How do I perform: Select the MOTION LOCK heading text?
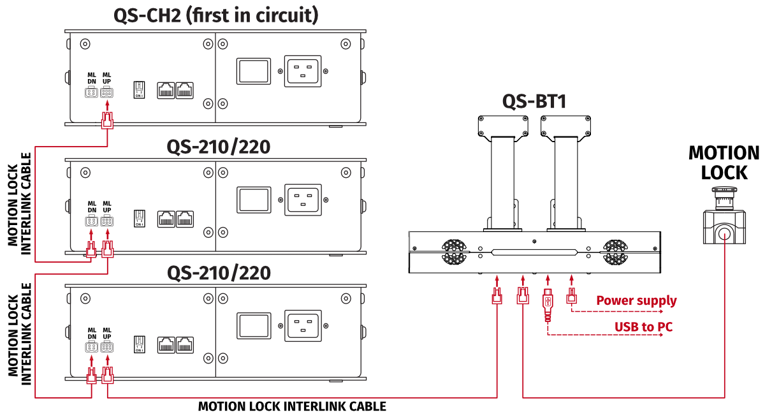pos(724,163)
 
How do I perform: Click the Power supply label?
pos(636,300)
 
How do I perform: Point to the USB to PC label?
pos(643,327)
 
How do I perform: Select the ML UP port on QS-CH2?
pos(106,92)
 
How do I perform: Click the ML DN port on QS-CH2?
pos(91,92)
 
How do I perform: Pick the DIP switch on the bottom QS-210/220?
pos(139,345)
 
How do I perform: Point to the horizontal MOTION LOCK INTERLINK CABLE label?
pos(292,406)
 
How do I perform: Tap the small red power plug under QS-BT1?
pos(572,295)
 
